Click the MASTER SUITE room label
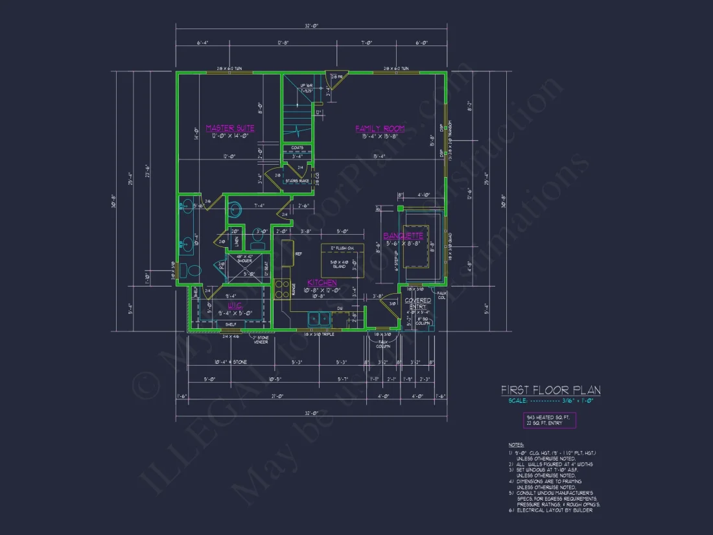230,128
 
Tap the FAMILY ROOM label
380,129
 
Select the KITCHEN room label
322,283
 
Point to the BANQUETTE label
403,235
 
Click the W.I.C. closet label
234,305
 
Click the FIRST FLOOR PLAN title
550,390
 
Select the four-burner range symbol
281,289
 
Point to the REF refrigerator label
298,254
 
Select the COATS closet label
298,148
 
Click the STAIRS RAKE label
298,181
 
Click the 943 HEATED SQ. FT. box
549,420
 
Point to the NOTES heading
516,445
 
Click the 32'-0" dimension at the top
311,25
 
